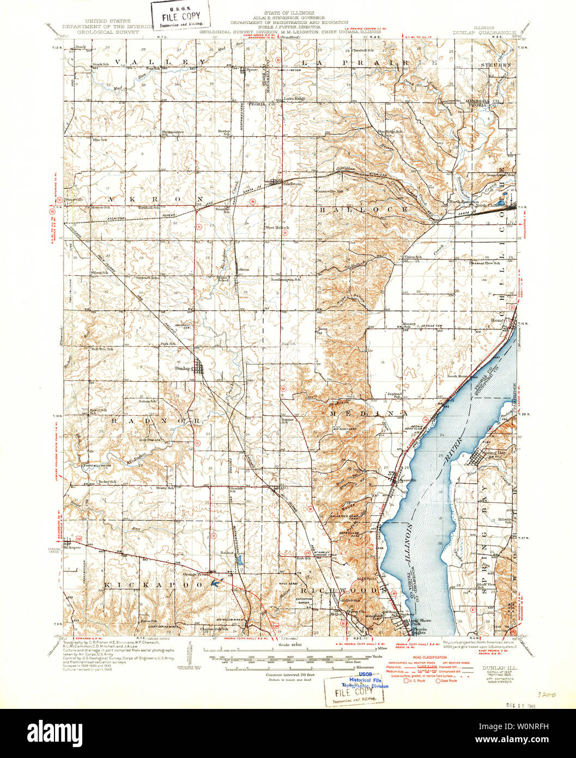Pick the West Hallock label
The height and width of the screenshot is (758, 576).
273,227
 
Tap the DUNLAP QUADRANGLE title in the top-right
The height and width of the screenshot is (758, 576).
484,33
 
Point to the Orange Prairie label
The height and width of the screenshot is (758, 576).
196,574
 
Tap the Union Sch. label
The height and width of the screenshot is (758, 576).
412,256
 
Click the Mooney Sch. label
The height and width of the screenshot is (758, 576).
409,325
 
